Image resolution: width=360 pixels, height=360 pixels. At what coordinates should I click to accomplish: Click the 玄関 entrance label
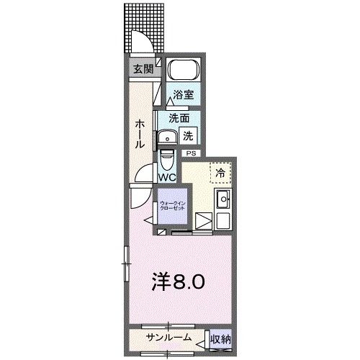point(143,69)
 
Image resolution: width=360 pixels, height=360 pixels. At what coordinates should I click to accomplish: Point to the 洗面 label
point(179,118)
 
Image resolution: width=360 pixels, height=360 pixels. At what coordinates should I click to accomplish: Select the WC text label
point(167,177)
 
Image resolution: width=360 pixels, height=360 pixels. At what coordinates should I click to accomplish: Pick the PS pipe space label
point(191,153)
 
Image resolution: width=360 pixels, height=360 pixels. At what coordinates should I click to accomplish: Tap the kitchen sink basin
point(222,199)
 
